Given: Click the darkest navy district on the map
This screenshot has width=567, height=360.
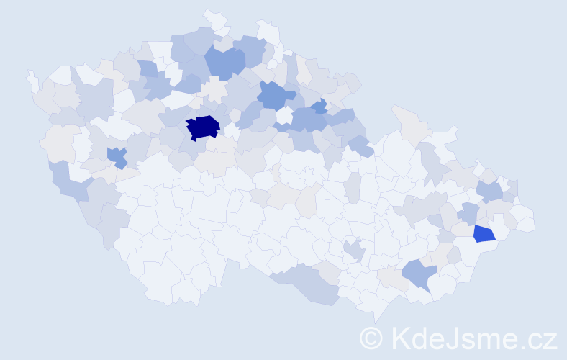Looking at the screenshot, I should point(203,127).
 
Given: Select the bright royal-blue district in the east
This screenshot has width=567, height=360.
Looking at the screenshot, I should point(484,233).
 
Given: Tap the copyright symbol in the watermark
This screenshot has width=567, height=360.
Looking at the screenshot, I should point(371,338).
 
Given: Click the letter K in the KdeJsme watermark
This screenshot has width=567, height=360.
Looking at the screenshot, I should point(400,338).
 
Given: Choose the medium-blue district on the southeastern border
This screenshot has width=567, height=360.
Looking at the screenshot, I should point(419,274).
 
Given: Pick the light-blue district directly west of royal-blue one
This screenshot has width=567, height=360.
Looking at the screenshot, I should point(469,214).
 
